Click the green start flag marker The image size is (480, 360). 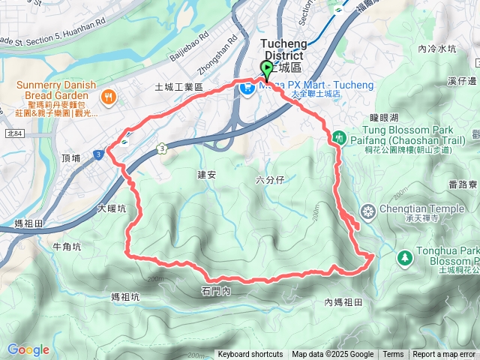[266, 69]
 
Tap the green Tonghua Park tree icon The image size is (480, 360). [406, 258]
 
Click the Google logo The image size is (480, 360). [28, 349]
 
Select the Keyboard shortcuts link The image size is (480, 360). [251, 355]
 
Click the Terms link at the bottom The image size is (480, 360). [393, 355]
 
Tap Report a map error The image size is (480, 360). [444, 355]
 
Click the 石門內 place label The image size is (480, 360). [216, 291]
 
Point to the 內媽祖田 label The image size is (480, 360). [343, 302]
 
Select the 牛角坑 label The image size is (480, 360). [67, 246]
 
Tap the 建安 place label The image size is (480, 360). [207, 175]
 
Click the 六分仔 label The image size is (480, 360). [270, 180]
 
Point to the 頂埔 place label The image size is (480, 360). [71, 158]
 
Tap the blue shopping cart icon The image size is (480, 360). [245, 88]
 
